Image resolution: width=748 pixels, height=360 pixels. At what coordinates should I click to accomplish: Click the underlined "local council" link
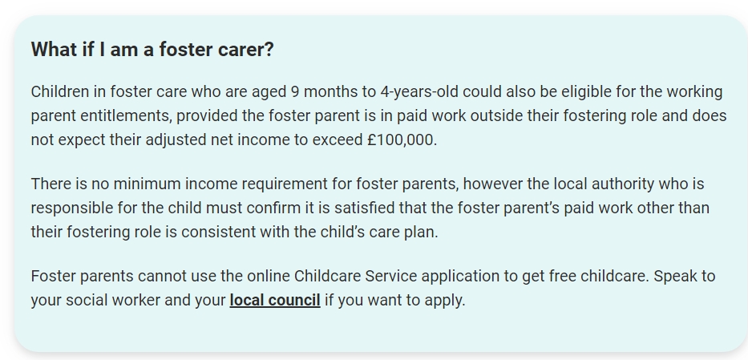pos(275,301)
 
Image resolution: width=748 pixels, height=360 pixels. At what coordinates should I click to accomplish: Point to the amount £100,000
pos(402,140)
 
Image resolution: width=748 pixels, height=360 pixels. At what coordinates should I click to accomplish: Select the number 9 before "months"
pos(295,91)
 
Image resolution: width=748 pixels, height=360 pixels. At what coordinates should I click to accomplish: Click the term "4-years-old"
pos(419,91)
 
